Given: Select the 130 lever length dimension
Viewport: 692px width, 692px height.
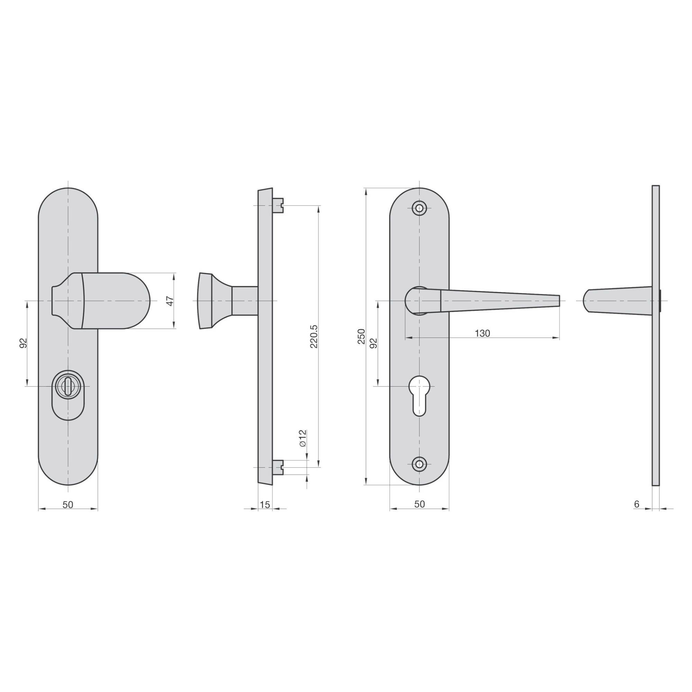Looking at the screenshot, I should tap(482, 334).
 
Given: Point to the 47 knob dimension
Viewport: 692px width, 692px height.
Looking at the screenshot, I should tap(171, 301).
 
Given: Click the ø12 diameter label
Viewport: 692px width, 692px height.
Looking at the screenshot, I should tap(303, 438).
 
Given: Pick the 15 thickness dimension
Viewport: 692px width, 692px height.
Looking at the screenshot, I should tap(264, 505).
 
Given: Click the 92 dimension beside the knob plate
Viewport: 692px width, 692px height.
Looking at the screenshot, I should tap(22, 343).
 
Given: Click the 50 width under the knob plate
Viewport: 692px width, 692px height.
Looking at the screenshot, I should tap(68, 505).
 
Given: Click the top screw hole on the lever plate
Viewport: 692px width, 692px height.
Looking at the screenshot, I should tap(419, 208).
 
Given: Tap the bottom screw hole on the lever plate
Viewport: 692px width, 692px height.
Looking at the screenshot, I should tap(419, 464).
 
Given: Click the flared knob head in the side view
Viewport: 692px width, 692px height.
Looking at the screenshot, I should tap(206, 301).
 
